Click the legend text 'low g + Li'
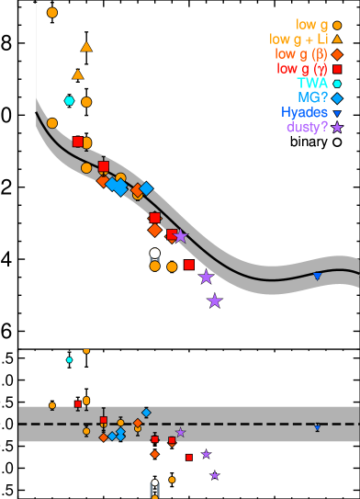(298, 39)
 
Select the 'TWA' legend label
(312, 83)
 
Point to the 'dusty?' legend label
(307, 127)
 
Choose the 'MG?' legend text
(312, 97)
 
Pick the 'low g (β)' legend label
(302, 53)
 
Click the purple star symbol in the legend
(337, 128)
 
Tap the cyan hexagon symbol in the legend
(337, 84)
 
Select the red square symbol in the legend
(337, 69)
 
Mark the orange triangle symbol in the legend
(337, 40)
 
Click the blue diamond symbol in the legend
(337, 98)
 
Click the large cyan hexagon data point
(69, 101)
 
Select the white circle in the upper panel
(154, 253)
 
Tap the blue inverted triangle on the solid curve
(317, 276)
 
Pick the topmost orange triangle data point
(86, 47)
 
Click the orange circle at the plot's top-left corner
(52, 13)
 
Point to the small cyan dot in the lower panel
(69, 359)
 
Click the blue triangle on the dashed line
(317, 427)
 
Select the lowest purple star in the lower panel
(215, 475)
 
